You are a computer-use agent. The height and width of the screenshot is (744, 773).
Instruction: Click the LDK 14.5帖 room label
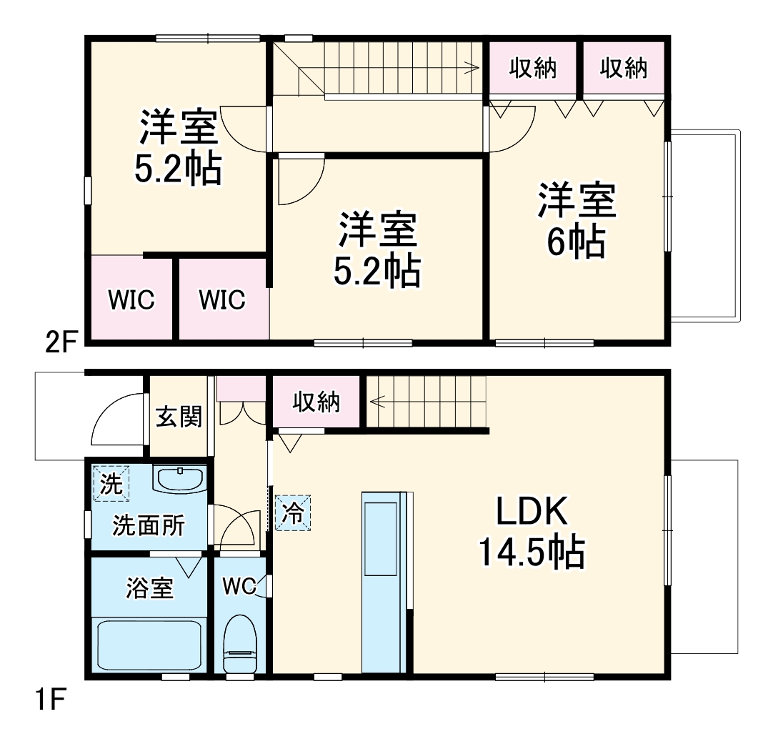pyautogui.click(x=532, y=532)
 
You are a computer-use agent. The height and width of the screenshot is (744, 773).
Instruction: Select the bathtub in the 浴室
pyautogui.click(x=149, y=645)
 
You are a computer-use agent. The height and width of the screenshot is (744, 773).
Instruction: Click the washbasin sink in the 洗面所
pyautogui.click(x=180, y=480)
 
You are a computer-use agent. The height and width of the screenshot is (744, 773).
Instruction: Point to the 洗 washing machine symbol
pyautogui.click(x=111, y=484)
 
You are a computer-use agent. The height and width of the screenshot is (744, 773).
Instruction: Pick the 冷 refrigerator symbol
pyautogui.click(x=294, y=512)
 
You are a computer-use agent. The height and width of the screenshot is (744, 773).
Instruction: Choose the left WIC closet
pyautogui.click(x=131, y=299)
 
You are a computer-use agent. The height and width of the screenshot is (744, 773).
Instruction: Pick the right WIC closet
pyautogui.click(x=222, y=299)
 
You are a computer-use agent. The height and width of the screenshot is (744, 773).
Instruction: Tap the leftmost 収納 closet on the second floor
pyautogui.click(x=533, y=69)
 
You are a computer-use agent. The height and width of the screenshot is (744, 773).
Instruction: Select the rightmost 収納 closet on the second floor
pyautogui.click(x=624, y=69)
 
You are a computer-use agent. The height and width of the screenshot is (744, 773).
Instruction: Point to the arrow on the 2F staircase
pyautogui.click(x=471, y=69)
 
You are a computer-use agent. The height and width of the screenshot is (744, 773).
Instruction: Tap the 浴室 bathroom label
pyautogui.click(x=149, y=589)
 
